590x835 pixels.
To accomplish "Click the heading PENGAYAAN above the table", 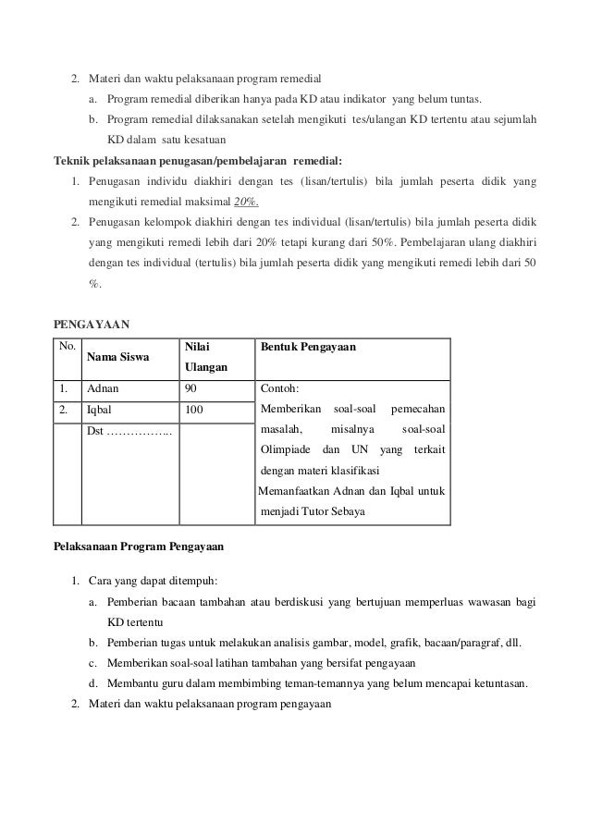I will (93, 325).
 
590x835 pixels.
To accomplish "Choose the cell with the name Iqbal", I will (99, 409).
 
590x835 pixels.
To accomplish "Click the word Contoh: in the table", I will (281, 389).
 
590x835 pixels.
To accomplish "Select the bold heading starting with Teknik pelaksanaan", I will (197, 159).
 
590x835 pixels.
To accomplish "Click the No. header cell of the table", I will (67, 346).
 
